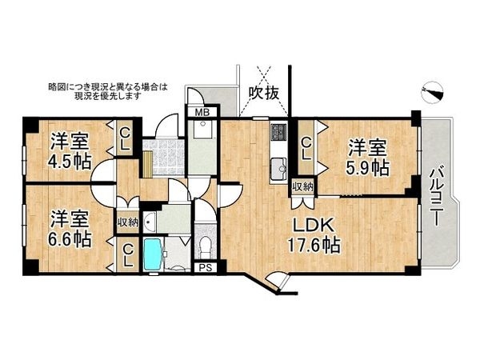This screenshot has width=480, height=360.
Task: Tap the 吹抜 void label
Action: coord(264,93)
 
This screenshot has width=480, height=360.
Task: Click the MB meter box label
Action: coord(202,112)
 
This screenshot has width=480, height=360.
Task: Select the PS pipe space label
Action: coord(206,268)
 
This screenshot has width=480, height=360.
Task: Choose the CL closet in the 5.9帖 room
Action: coord(306,150)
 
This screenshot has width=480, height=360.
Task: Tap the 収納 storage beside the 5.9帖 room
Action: coord(302,186)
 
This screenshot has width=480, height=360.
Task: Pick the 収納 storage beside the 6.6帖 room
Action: coord(127,222)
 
